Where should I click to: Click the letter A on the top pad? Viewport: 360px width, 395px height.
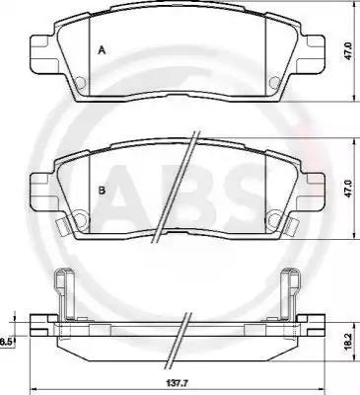coord(102,50)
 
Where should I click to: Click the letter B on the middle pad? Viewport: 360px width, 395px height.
coord(103,190)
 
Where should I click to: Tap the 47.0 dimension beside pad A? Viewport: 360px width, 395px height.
coord(348,50)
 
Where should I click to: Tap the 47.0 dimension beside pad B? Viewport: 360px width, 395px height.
coord(348,188)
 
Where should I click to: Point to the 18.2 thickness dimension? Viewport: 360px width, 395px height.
coord(348,343)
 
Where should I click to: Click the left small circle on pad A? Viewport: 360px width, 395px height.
coord(80,82)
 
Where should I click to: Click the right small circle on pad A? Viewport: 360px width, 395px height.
coord(274,82)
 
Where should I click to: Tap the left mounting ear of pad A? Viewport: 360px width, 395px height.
coord(41,54)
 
